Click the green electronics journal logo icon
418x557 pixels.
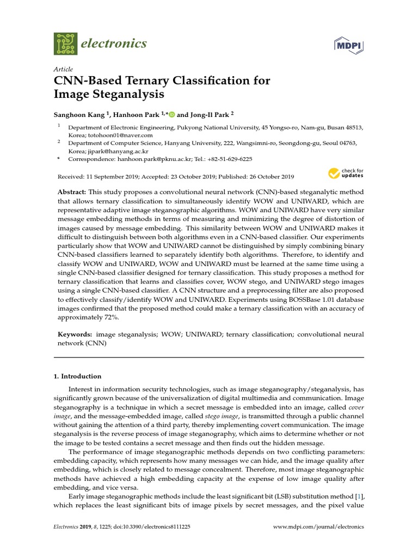(65, 44)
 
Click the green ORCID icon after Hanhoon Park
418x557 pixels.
(172, 114)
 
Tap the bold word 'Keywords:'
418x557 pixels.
(75, 335)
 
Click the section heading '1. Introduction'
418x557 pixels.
(77, 376)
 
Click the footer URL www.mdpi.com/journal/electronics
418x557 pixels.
(318, 527)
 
